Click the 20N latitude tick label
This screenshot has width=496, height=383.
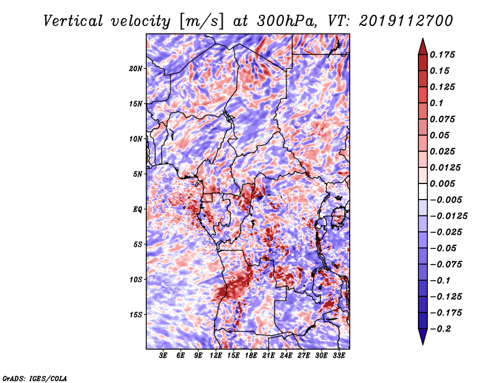(x=136, y=68)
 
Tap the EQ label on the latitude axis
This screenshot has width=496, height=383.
(x=137, y=209)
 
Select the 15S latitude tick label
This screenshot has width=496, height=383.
(x=136, y=315)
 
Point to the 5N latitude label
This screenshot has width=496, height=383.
(x=138, y=174)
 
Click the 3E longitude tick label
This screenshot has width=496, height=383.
(x=163, y=356)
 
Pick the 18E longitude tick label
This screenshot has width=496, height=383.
(x=251, y=356)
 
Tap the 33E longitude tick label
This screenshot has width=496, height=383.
(x=339, y=356)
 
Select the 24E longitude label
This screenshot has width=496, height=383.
(x=286, y=356)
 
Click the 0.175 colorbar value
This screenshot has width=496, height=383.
(x=442, y=55)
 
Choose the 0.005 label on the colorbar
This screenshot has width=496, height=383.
(x=442, y=183)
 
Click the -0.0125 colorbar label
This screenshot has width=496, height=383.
(x=448, y=216)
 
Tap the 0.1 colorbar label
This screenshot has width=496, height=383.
(x=436, y=103)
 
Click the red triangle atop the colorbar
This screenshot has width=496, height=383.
(x=423, y=47)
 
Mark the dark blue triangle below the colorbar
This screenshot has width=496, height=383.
(x=423, y=336)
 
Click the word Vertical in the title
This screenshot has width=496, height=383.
(x=73, y=21)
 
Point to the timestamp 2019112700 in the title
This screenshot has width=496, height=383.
(x=406, y=21)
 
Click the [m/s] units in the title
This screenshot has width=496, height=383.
(x=201, y=21)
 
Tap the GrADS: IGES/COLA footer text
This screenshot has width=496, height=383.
(x=35, y=378)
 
